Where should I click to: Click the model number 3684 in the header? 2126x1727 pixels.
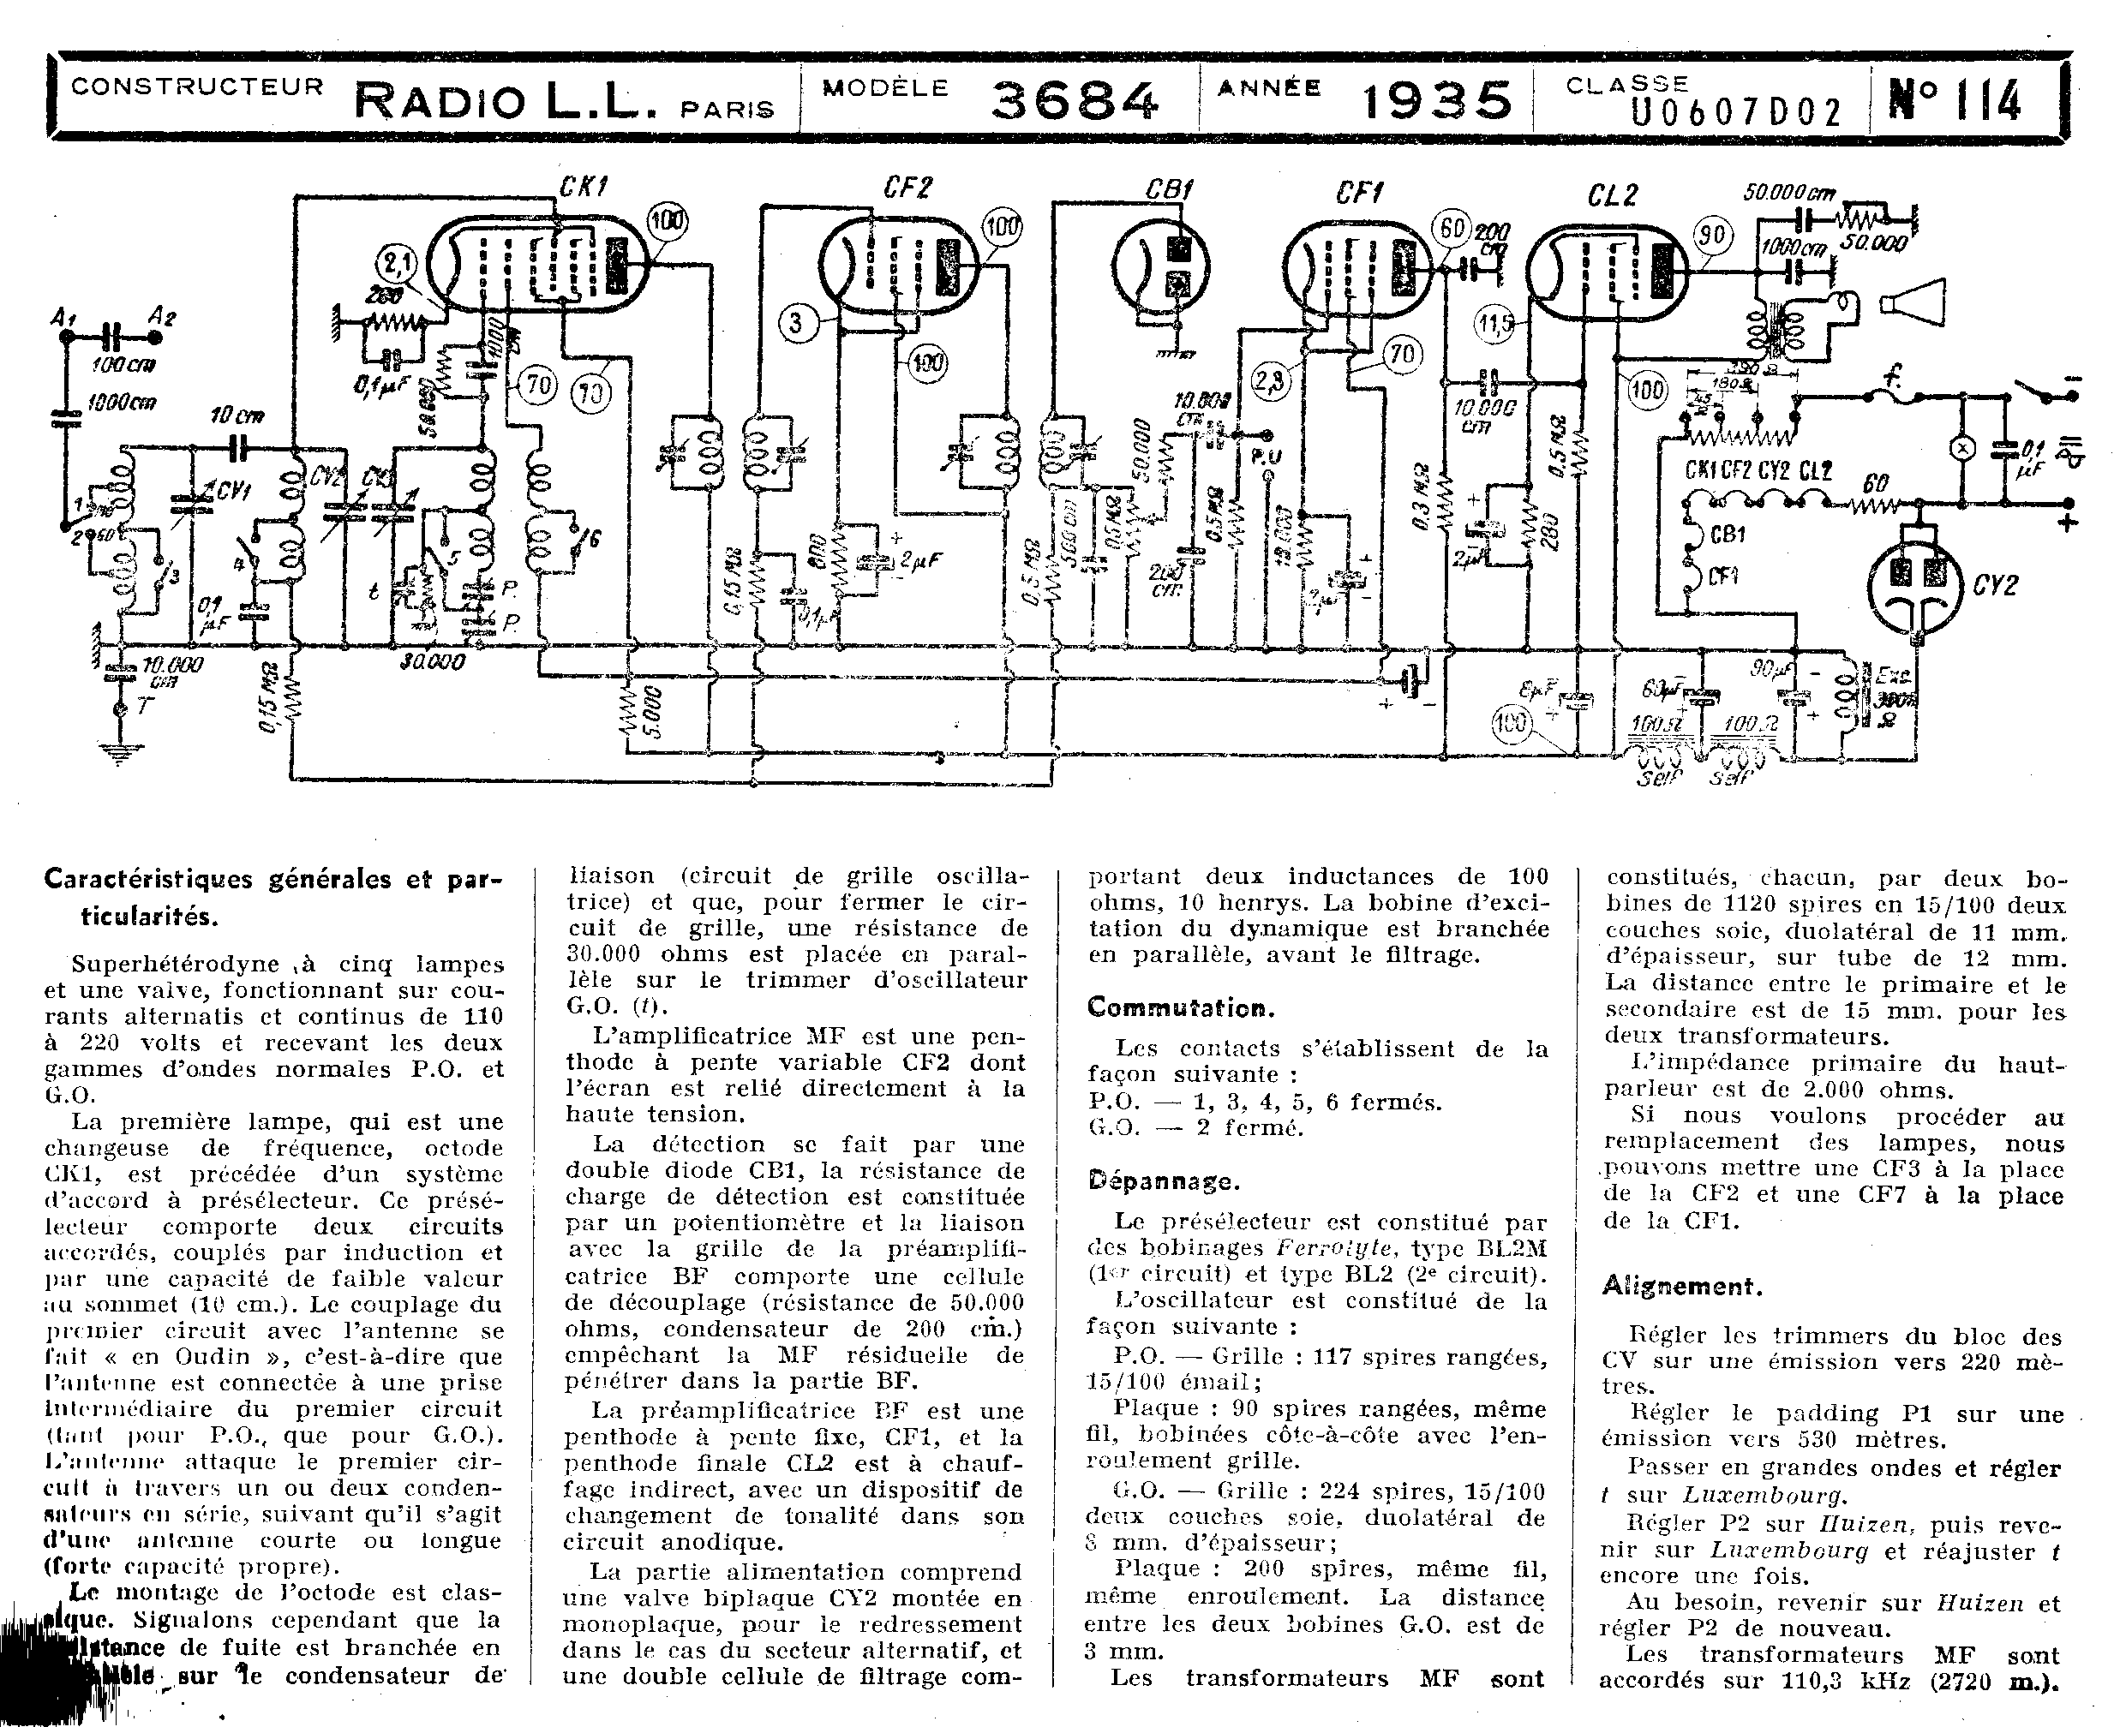[1075, 100]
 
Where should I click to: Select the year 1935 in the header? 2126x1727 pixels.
[1435, 100]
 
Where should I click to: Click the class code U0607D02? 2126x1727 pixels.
[1736, 113]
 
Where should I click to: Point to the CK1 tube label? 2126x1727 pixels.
[584, 187]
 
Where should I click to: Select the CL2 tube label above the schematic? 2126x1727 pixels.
[1612, 196]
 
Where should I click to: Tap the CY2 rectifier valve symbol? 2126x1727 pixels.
[1916, 582]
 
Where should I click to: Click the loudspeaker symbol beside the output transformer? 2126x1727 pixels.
[1912, 302]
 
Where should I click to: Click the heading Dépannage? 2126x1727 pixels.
[1163, 1182]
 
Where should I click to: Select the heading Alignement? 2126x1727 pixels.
[1681, 1287]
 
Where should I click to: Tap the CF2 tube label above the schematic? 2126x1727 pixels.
[907, 187]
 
